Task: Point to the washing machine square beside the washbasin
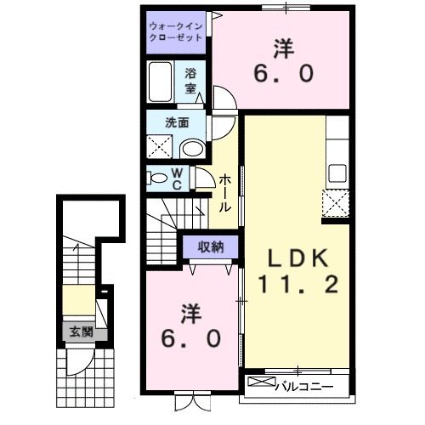159,145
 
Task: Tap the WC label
178,180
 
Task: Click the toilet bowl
158,178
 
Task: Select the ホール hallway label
225,193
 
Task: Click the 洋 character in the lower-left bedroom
190,313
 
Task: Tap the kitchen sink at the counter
337,173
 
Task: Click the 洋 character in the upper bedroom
284,47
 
